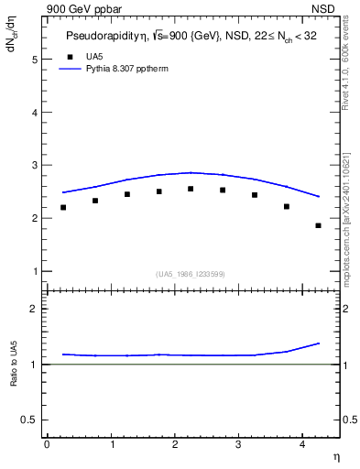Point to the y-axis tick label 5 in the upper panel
[35, 60]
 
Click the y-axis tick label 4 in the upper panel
[35, 113]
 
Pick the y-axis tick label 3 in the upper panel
[35, 166]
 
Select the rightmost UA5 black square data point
[318, 225]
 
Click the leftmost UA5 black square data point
[63, 207]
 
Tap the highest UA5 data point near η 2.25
[191, 189]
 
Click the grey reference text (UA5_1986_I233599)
[191, 274]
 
